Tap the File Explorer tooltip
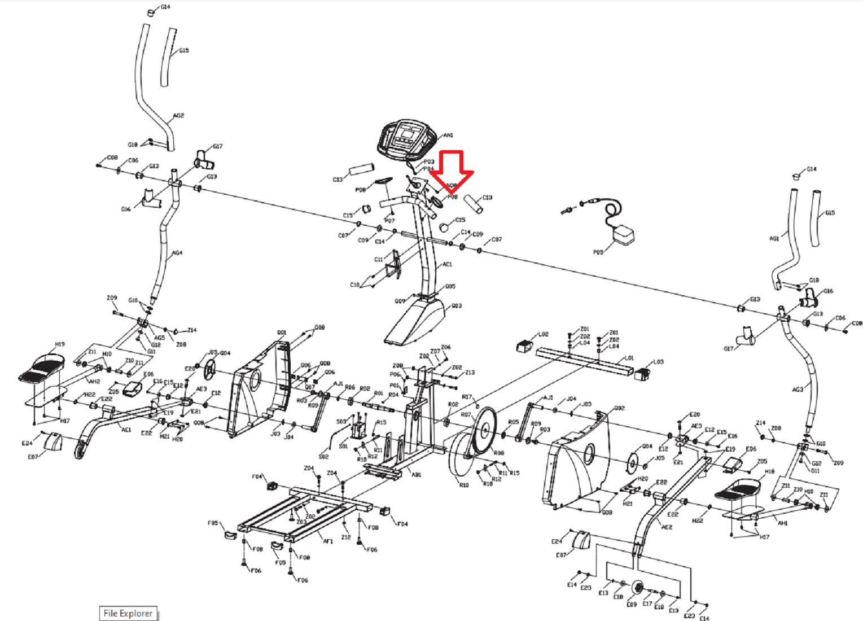[128, 613]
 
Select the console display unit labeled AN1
[407, 138]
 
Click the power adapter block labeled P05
[623, 235]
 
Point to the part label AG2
[178, 116]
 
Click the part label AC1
[447, 264]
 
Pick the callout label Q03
[456, 306]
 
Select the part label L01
[629, 358]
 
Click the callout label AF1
[328, 541]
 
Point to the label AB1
[416, 475]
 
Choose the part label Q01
[281, 333]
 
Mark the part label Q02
[619, 408]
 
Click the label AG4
[177, 253]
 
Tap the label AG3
[797, 390]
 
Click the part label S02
[323, 456]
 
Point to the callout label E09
[631, 605]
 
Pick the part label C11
[378, 260]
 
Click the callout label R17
[467, 397]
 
